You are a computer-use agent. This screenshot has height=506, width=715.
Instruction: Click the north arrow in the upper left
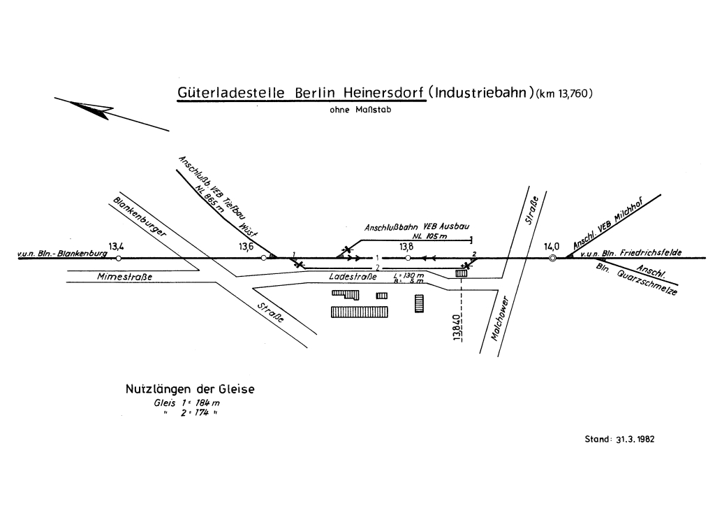(91, 109)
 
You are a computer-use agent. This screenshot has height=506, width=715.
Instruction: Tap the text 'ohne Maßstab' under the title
(356, 110)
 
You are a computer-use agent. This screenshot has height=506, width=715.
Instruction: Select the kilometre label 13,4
(117, 246)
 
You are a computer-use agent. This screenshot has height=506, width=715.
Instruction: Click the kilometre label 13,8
(407, 246)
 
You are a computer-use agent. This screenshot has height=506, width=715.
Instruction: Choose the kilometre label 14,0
(552, 246)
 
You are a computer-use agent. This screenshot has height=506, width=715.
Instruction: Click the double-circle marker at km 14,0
(552, 259)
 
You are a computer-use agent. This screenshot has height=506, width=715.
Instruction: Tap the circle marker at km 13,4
(118, 259)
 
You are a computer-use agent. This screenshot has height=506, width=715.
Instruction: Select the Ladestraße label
(347, 277)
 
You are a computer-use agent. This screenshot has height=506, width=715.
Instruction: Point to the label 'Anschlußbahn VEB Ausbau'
(417, 228)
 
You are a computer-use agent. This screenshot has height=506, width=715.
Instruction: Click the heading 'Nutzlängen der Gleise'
(189, 389)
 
